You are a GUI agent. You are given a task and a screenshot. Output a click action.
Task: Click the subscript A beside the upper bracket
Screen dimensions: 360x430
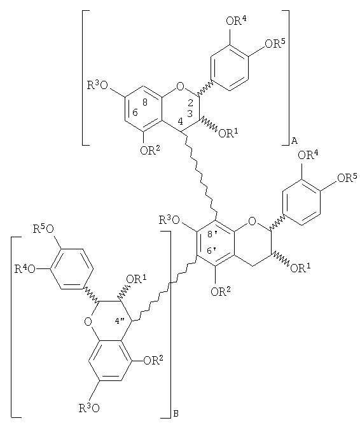point(294,141)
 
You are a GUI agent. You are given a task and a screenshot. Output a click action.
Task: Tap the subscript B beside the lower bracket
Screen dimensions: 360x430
point(176,414)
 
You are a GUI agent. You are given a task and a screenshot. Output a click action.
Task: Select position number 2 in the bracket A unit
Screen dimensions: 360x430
point(190,103)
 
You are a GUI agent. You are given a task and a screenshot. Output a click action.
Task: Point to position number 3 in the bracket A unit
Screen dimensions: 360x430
point(190,113)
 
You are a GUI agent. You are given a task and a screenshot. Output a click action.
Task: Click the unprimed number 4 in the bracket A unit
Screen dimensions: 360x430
point(180,121)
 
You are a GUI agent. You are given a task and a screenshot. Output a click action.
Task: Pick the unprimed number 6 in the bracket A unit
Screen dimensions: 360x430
point(135,113)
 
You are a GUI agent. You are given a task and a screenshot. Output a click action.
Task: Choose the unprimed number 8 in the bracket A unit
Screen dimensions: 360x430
point(145,102)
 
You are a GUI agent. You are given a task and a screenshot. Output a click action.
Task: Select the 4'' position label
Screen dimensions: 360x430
point(120,321)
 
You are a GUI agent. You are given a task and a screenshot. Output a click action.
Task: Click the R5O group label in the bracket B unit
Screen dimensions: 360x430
point(43,229)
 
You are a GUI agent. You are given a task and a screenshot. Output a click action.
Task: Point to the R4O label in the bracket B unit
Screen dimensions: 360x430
point(25,268)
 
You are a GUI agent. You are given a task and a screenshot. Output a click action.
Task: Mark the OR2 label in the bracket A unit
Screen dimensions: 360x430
point(150,149)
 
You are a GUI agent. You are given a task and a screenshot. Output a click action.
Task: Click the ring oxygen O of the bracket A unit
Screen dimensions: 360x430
point(180,87)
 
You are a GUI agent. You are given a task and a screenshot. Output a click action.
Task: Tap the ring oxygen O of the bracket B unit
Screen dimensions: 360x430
point(88,321)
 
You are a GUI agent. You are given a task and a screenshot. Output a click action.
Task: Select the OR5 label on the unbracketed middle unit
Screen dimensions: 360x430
point(347,177)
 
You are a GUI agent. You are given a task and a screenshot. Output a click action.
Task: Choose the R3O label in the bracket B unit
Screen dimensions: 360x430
point(89,408)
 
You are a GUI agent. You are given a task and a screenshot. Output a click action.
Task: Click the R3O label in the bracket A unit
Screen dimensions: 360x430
point(97,85)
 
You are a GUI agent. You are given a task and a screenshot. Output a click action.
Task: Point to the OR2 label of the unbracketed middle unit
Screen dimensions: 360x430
point(221,291)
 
